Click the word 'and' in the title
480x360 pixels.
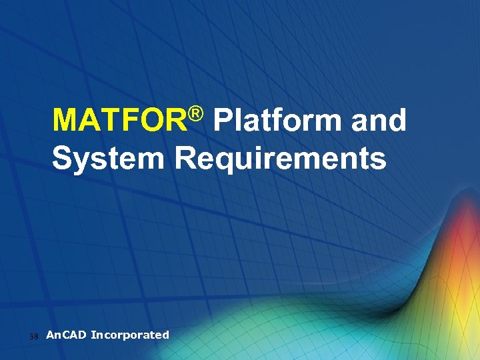coord(379,121)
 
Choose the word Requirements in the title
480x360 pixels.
coord(280,159)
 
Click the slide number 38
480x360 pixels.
coord(35,336)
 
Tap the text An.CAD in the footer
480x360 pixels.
coord(66,335)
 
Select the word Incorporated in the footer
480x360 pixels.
coord(130,335)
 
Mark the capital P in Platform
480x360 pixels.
coord(225,121)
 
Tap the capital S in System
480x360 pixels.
coord(63,159)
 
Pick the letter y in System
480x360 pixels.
coord(82,162)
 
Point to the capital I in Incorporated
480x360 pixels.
coord(93,335)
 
